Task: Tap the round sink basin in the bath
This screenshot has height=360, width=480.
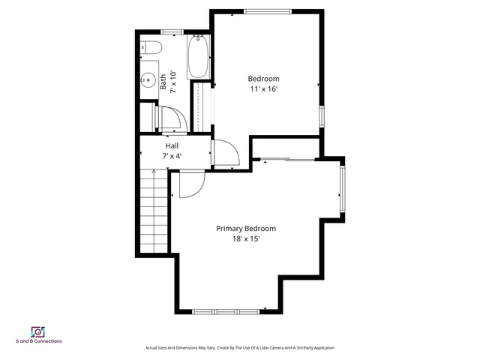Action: (145, 79)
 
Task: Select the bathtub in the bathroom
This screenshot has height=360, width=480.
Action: (199, 56)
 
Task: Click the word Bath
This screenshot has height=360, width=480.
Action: (163, 81)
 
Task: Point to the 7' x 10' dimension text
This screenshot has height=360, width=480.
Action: (173, 81)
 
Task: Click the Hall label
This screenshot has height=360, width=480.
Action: (172, 146)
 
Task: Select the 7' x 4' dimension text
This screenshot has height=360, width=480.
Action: (172, 156)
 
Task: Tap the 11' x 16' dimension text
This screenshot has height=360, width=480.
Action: (264, 88)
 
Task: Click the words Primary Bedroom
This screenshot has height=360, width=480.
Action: (246, 229)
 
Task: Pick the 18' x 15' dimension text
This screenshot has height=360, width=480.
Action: (246, 238)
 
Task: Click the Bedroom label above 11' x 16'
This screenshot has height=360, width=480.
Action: (264, 79)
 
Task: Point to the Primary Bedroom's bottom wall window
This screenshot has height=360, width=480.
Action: (226, 310)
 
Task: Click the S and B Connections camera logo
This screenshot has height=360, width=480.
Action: (38, 331)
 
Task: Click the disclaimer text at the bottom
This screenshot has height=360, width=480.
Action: (240, 348)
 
